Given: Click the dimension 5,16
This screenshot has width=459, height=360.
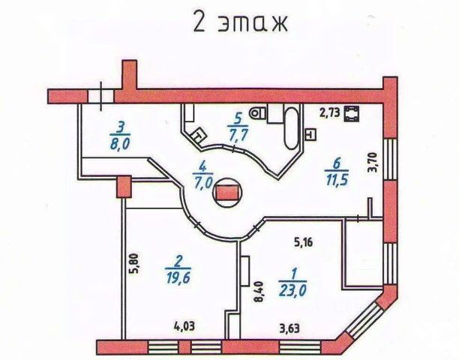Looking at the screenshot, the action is click(302, 242).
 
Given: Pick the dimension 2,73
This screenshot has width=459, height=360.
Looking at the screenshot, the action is click(329, 113).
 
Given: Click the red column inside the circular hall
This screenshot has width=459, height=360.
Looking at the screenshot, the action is click(227, 193).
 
